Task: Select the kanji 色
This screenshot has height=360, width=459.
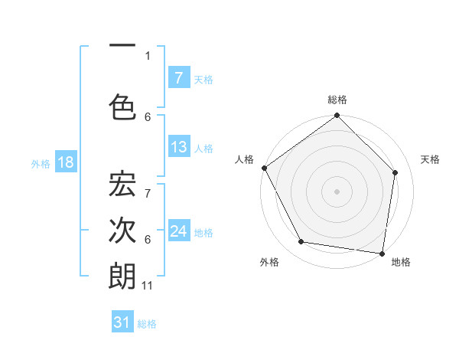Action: [122, 106]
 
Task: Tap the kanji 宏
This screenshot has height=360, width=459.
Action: [122, 185]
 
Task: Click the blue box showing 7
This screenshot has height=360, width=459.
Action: [178, 78]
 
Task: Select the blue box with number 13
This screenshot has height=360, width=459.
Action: [178, 147]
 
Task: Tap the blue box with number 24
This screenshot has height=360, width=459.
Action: [178, 231]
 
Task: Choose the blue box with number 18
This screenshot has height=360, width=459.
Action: [65, 162]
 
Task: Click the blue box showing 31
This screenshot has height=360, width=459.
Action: [122, 322]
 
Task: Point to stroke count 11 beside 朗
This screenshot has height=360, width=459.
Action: [148, 286]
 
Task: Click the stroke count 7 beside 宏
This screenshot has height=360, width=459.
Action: [148, 185]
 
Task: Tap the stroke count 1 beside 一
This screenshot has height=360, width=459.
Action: [148, 55]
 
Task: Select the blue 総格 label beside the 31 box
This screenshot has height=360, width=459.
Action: [147, 324]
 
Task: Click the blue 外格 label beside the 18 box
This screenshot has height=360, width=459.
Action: [41, 163]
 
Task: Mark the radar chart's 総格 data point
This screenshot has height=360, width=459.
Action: [337, 116]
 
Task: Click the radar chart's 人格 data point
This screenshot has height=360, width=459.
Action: [264, 168]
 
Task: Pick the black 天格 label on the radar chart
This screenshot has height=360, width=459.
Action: [430, 159]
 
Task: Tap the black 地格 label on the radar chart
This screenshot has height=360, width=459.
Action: [401, 262]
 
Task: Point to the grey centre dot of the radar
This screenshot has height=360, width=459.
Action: [337, 191]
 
